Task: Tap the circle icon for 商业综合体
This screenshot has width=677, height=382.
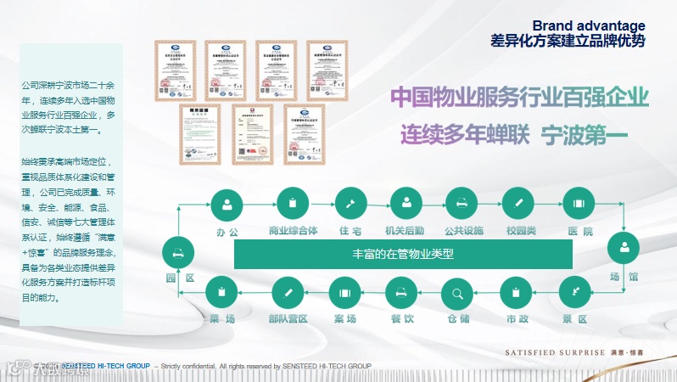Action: [x=293, y=204]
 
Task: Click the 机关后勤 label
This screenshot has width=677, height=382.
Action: [x=405, y=231]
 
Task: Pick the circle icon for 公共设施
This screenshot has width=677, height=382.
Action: [x=463, y=204]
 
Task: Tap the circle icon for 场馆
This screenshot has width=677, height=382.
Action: [x=624, y=249]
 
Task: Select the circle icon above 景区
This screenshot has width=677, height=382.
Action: [x=575, y=293]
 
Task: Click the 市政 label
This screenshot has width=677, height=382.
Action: [x=517, y=320]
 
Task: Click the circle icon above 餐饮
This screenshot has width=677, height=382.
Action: [x=401, y=293]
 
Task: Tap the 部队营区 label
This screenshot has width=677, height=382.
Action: [x=288, y=320]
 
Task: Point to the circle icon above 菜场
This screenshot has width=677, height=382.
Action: [x=222, y=293]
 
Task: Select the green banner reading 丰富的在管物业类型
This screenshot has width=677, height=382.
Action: [x=403, y=254]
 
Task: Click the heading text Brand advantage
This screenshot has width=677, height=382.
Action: [x=588, y=25]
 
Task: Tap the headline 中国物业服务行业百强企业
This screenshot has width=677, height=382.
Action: [x=519, y=97]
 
